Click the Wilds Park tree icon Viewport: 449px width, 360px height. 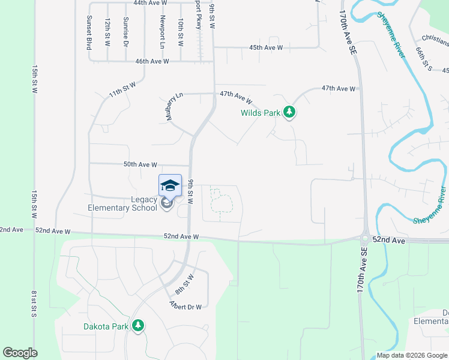pyautogui.click(x=290, y=112)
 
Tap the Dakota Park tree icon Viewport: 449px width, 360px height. pyautogui.click(x=139, y=326)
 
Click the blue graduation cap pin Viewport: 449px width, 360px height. pyautogui.click(x=170, y=185)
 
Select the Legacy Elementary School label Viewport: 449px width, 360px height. pyautogui.click(x=123, y=204)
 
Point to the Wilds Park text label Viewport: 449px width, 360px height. pyautogui.click(x=261, y=112)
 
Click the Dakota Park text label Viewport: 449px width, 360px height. pyautogui.click(x=106, y=326)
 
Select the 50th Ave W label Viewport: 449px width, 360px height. pyautogui.click(x=140, y=164)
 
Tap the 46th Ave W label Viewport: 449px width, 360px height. pyautogui.click(x=152, y=61)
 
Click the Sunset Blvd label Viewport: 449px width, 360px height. pyautogui.click(x=89, y=32)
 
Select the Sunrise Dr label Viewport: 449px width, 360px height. pyautogui.click(x=126, y=32)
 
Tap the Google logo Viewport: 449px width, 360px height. pyautogui.click(x=20, y=353)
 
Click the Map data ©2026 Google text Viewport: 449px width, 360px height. pyautogui.click(x=412, y=355)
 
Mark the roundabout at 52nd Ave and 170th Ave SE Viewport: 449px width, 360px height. pyautogui.click(x=364, y=238)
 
